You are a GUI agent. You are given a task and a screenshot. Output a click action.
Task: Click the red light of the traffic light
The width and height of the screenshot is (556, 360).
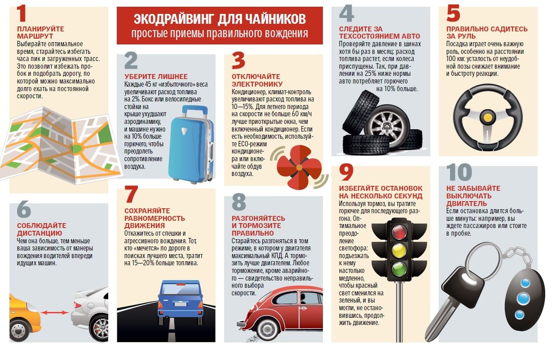click(399, 232)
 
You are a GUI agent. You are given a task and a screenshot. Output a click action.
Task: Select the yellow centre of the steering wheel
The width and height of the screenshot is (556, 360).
click(488, 117)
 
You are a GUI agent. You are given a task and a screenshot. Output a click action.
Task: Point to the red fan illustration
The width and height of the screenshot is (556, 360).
click(299, 167)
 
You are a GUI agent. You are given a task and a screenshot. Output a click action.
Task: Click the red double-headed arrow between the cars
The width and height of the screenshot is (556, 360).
click(55, 312)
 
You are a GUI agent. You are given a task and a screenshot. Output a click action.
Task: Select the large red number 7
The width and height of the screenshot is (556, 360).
click(132, 194)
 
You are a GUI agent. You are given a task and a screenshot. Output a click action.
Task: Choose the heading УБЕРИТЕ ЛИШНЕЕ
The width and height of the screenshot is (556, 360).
click(156, 76)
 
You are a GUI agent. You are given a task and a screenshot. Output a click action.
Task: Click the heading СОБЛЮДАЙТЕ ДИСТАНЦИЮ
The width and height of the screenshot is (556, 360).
click(41, 229)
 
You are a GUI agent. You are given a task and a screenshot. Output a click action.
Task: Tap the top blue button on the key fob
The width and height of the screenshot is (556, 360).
click(525, 283)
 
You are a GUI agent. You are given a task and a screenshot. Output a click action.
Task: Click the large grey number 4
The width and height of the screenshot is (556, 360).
click(347, 13)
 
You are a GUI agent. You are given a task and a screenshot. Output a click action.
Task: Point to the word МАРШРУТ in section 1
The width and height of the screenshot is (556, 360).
click(35, 36)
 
